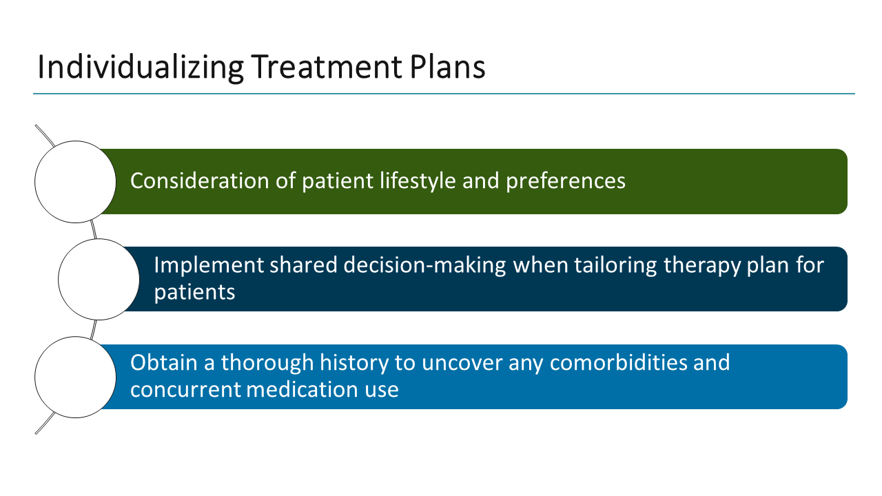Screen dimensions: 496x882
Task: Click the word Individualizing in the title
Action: pos(140,68)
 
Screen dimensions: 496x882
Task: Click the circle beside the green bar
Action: pos(75,182)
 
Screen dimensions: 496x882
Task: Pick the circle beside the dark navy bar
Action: pos(99,279)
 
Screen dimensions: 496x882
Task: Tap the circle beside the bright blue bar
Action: pos(75,377)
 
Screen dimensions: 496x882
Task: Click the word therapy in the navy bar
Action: pos(709,265)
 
